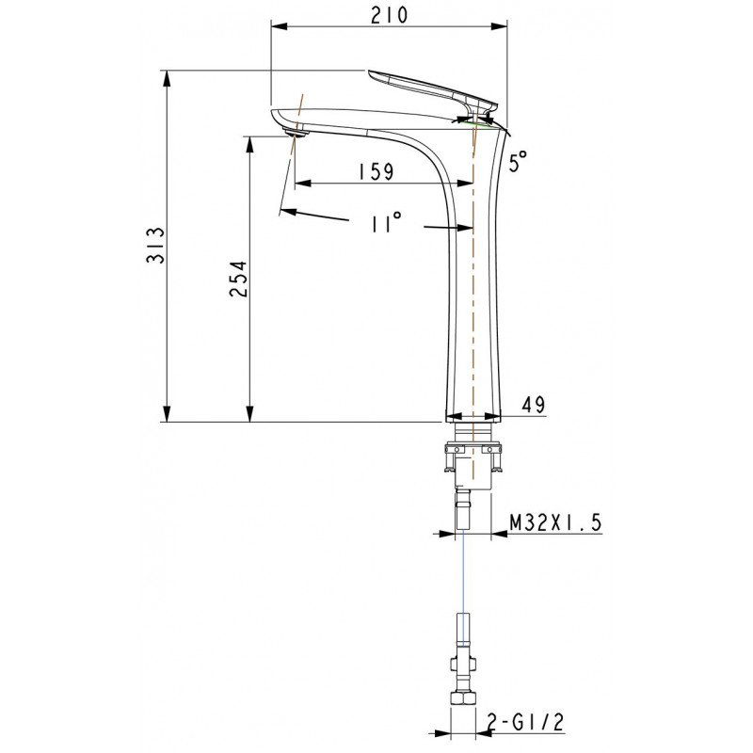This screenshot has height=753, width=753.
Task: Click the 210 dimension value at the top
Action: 389,15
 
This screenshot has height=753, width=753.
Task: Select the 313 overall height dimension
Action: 155,246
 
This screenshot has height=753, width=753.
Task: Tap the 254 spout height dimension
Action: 238,279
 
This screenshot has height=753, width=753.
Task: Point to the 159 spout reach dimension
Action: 376,171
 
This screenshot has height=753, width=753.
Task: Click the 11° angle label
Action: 386,222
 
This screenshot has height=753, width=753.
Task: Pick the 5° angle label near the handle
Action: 518,161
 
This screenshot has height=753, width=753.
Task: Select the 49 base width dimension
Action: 534,405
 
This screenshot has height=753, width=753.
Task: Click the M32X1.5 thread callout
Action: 555,522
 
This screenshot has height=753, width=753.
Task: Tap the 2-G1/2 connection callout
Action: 525,722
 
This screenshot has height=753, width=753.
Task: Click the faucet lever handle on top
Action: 432,91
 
